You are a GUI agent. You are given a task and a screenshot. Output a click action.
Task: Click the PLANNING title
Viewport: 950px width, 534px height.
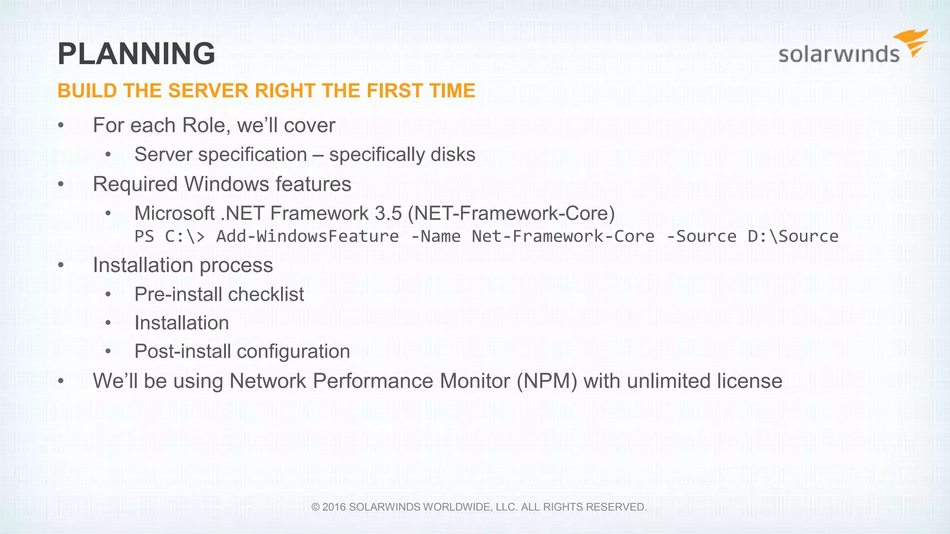tap(136, 54)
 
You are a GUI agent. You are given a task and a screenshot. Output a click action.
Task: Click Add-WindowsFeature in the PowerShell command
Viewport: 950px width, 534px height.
tap(307, 236)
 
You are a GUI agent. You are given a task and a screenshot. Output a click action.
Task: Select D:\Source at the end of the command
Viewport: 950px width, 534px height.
tap(793, 236)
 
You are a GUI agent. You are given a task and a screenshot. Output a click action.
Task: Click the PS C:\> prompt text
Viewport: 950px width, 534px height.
tap(169, 236)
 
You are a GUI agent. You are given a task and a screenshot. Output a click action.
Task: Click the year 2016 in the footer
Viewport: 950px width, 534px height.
tap(334, 507)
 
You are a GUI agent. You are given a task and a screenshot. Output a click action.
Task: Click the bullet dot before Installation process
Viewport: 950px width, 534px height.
tap(61, 266)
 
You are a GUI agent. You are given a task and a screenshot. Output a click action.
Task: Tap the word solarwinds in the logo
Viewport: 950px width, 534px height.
tap(839, 54)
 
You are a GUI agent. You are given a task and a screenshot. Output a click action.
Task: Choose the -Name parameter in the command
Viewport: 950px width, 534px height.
tap(436, 236)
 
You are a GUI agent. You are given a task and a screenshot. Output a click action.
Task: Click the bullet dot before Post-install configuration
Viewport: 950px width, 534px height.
tap(108, 352)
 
